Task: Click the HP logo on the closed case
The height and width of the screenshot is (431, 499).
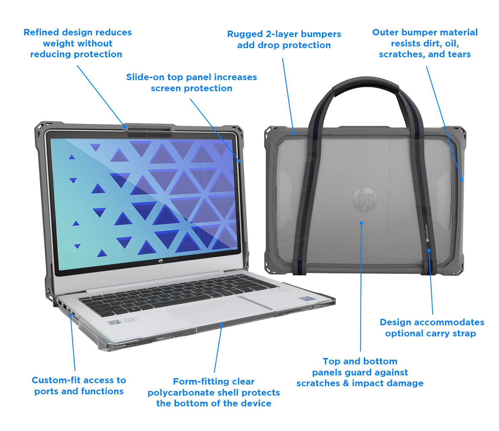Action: coord(364,199)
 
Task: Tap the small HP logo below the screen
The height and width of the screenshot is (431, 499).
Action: coord(161,261)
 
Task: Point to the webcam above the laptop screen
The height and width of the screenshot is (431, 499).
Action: coord(147,135)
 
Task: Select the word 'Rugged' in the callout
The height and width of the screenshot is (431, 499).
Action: coord(245,34)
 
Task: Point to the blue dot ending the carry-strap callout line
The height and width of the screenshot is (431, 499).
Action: coord(429,251)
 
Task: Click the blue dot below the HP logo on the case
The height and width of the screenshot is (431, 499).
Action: coord(361,223)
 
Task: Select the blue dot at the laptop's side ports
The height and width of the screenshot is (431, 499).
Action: coord(71,315)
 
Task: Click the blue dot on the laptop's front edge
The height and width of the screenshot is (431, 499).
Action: coord(222,325)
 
